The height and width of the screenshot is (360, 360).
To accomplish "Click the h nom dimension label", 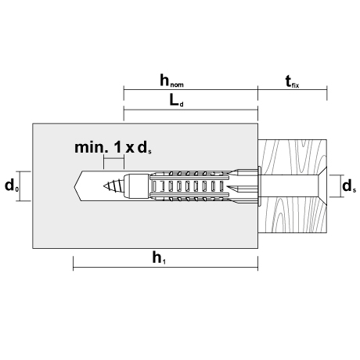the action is (171, 81).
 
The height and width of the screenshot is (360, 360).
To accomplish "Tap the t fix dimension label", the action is (292, 81).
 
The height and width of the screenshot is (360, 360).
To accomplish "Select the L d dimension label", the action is (176, 101).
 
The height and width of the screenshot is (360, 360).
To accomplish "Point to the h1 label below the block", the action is (159, 258).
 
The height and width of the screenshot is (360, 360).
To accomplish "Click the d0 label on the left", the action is (12, 185).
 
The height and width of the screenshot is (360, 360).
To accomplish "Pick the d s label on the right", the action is (349, 186).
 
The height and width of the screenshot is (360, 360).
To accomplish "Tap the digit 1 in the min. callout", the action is (118, 147).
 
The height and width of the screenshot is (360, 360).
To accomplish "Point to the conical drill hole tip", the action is (78, 186).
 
